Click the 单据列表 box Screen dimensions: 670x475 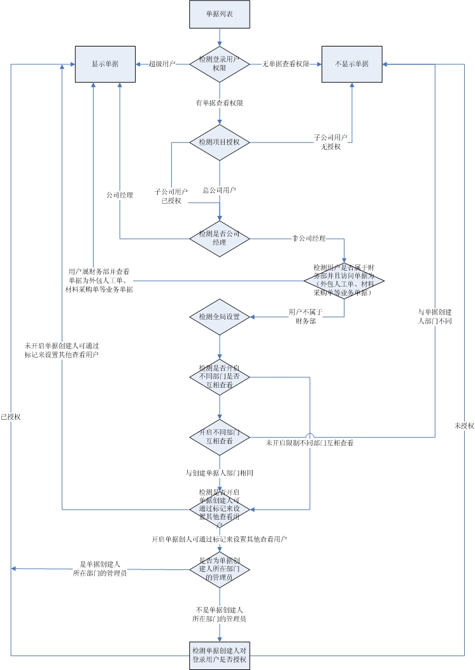pyautogui.click(x=220, y=14)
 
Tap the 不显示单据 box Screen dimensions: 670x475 pyautogui.click(x=351, y=64)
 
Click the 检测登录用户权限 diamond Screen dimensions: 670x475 pyautogui.click(x=220, y=63)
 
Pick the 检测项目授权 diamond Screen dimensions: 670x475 pyautogui.click(x=220, y=142)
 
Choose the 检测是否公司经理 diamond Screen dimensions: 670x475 pyautogui.click(x=220, y=238)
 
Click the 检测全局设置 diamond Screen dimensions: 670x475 pyautogui.click(x=220, y=317)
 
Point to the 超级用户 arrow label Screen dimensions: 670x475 pyautogui.click(x=162, y=64)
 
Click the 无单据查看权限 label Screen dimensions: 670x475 pyautogui.click(x=286, y=64)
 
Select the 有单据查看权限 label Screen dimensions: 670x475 pyautogui.click(x=220, y=103)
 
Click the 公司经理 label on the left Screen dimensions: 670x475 pyautogui.click(x=120, y=196)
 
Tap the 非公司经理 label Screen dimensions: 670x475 pyautogui.click(x=309, y=239)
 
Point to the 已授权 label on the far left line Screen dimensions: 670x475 pyautogui.click(x=11, y=417)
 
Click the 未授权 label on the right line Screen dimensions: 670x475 pyautogui.click(x=464, y=425)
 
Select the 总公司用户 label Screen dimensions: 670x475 pyautogui.click(x=220, y=190)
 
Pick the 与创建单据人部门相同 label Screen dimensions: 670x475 pyautogui.click(x=220, y=473)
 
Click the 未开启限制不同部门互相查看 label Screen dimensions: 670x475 pyautogui.click(x=309, y=443)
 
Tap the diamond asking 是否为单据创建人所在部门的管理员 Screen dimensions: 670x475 pyautogui.click(x=220, y=569)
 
